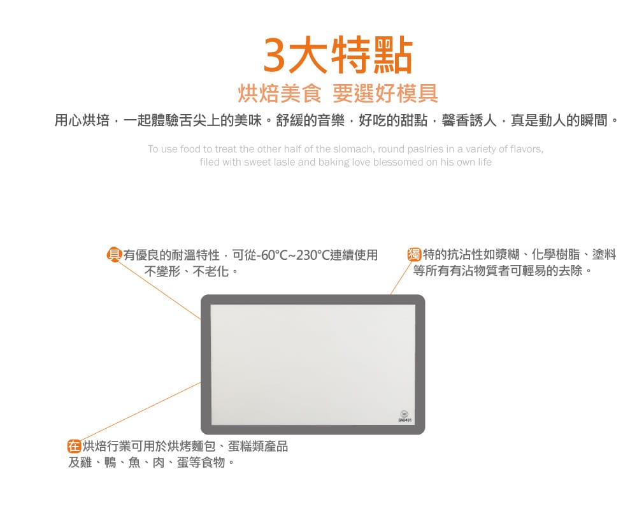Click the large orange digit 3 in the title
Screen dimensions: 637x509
(x=274, y=55)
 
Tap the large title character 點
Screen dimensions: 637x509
(x=393, y=55)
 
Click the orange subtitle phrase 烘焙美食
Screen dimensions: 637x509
(x=280, y=93)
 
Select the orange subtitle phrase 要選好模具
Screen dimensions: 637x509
(x=385, y=93)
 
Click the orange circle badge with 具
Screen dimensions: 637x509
(x=114, y=255)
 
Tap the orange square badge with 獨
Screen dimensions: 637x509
(x=415, y=255)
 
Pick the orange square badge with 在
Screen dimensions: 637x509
(x=74, y=446)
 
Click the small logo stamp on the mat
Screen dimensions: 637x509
(x=404, y=417)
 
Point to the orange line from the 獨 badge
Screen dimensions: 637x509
(x=401, y=278)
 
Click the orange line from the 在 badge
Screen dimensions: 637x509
(x=141, y=412)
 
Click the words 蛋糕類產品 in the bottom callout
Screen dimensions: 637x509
(x=258, y=446)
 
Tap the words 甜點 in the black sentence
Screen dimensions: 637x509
(x=414, y=120)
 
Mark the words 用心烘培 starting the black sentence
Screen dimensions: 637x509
(x=82, y=120)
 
